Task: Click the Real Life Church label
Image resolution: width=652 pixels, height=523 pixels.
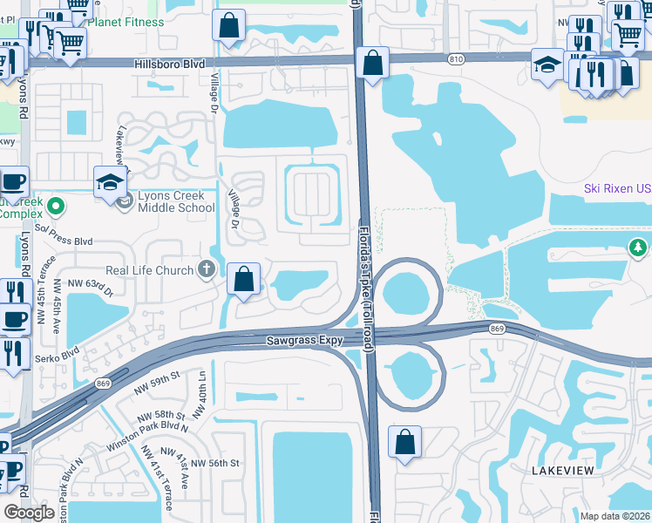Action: tap(149, 270)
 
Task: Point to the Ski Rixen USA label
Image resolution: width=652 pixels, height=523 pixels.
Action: tap(616, 189)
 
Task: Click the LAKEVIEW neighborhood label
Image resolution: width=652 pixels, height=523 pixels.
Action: tap(562, 471)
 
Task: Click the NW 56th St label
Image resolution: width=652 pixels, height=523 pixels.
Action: tap(214, 463)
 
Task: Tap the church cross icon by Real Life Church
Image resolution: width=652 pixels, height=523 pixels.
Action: tap(207, 268)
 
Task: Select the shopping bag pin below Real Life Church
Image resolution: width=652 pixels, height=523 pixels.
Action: tap(244, 281)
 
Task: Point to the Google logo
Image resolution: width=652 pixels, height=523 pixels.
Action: tap(29, 513)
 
